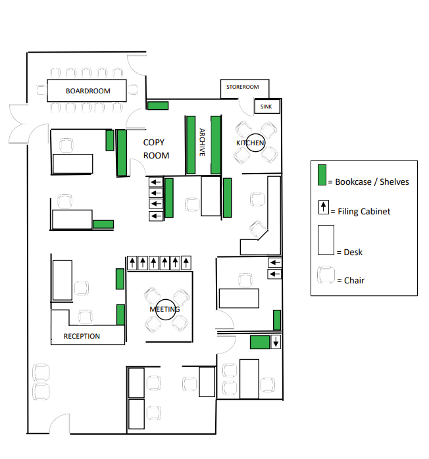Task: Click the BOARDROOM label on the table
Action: click(x=88, y=91)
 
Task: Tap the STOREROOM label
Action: click(x=243, y=87)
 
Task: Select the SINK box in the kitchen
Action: click(x=266, y=107)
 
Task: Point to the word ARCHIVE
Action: click(x=202, y=142)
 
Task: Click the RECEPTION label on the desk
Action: click(x=82, y=336)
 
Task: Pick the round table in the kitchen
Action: click(x=255, y=143)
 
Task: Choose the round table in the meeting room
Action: click(x=165, y=310)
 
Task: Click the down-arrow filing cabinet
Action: click(x=276, y=342)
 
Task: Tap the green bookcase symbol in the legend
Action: click(x=322, y=175)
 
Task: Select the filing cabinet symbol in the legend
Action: click(x=323, y=207)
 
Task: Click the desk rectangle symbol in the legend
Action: click(x=326, y=240)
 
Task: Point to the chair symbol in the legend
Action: click(x=326, y=275)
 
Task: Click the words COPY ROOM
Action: click(x=156, y=149)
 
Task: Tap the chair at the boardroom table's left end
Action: click(x=41, y=90)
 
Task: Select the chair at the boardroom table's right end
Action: click(x=133, y=89)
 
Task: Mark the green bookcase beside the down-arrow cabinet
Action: click(x=260, y=342)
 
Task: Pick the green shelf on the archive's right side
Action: click(x=216, y=145)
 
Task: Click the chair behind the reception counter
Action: click(x=86, y=317)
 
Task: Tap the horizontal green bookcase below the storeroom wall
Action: click(x=158, y=105)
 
